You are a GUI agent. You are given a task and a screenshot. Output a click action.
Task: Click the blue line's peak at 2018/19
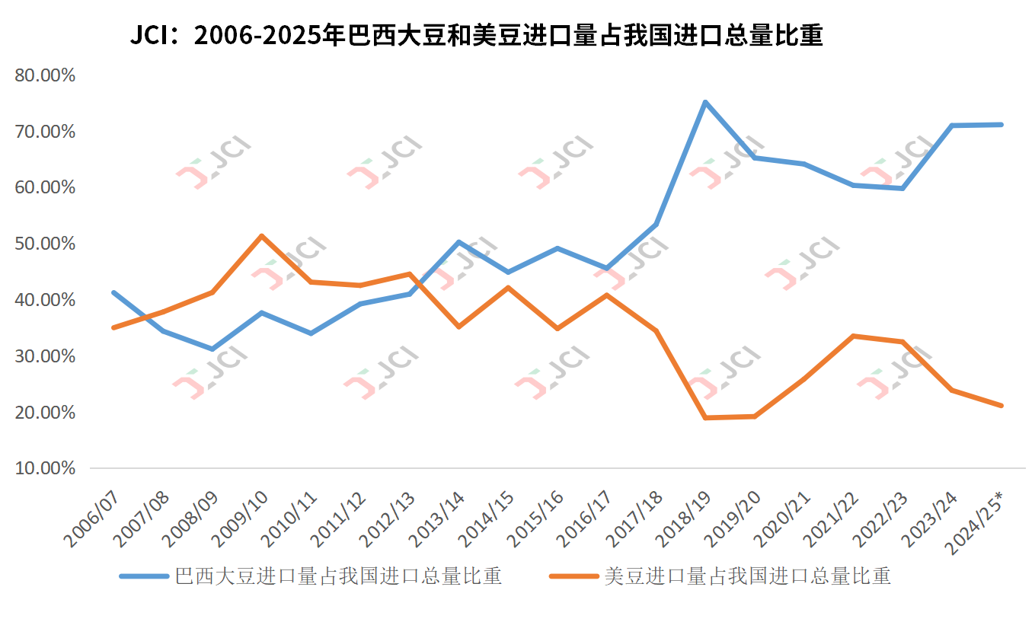705,102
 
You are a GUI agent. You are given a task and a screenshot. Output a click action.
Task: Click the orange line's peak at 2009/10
261,236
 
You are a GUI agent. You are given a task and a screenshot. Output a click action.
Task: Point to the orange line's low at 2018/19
705,417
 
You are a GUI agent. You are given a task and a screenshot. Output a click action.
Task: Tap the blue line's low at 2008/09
212,349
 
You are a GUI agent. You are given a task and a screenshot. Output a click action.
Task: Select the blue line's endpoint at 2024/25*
1001,124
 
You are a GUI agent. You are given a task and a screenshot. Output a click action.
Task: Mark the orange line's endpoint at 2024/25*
1001,405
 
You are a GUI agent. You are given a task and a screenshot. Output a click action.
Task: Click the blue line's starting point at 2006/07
113,292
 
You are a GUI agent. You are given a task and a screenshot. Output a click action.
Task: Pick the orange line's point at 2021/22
854,336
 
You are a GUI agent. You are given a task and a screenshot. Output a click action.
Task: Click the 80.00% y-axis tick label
45,75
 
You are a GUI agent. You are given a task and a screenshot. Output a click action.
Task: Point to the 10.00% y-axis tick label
45,467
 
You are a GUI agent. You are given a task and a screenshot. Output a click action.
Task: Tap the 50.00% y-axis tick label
45,244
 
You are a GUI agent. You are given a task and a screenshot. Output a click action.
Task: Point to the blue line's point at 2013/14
458,242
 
